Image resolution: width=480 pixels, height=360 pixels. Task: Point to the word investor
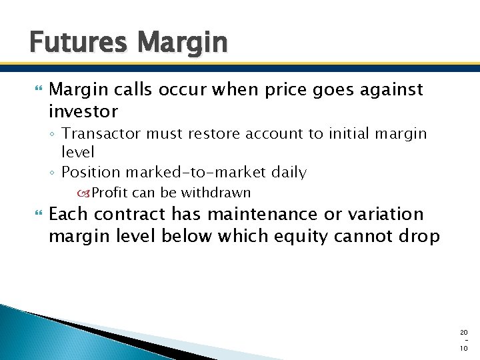83,111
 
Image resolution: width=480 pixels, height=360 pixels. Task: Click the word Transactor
101,133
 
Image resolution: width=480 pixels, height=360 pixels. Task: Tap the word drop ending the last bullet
420,236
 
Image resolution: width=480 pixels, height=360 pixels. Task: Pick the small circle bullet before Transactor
53,134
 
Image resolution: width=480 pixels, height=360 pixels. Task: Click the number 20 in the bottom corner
464,332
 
